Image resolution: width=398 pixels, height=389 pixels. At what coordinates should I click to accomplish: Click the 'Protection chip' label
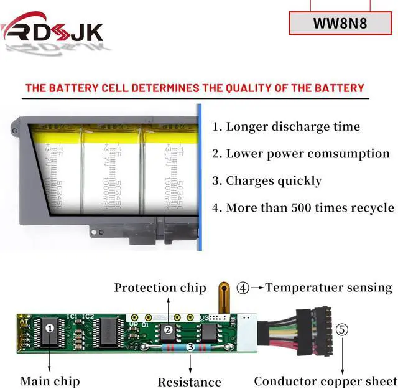pos(160,288)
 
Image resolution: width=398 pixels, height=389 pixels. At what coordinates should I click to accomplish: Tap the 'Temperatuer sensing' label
pos(329,288)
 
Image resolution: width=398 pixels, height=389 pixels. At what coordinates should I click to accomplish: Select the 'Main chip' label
pos(50,380)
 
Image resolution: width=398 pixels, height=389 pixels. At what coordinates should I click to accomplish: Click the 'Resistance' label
pos(189,382)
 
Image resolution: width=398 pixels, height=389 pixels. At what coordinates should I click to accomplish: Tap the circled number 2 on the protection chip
pos(167,330)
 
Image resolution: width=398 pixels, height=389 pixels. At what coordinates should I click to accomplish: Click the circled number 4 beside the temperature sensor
pos(243,288)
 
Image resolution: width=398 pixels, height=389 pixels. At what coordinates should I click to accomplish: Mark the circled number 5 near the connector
pos(342,329)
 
